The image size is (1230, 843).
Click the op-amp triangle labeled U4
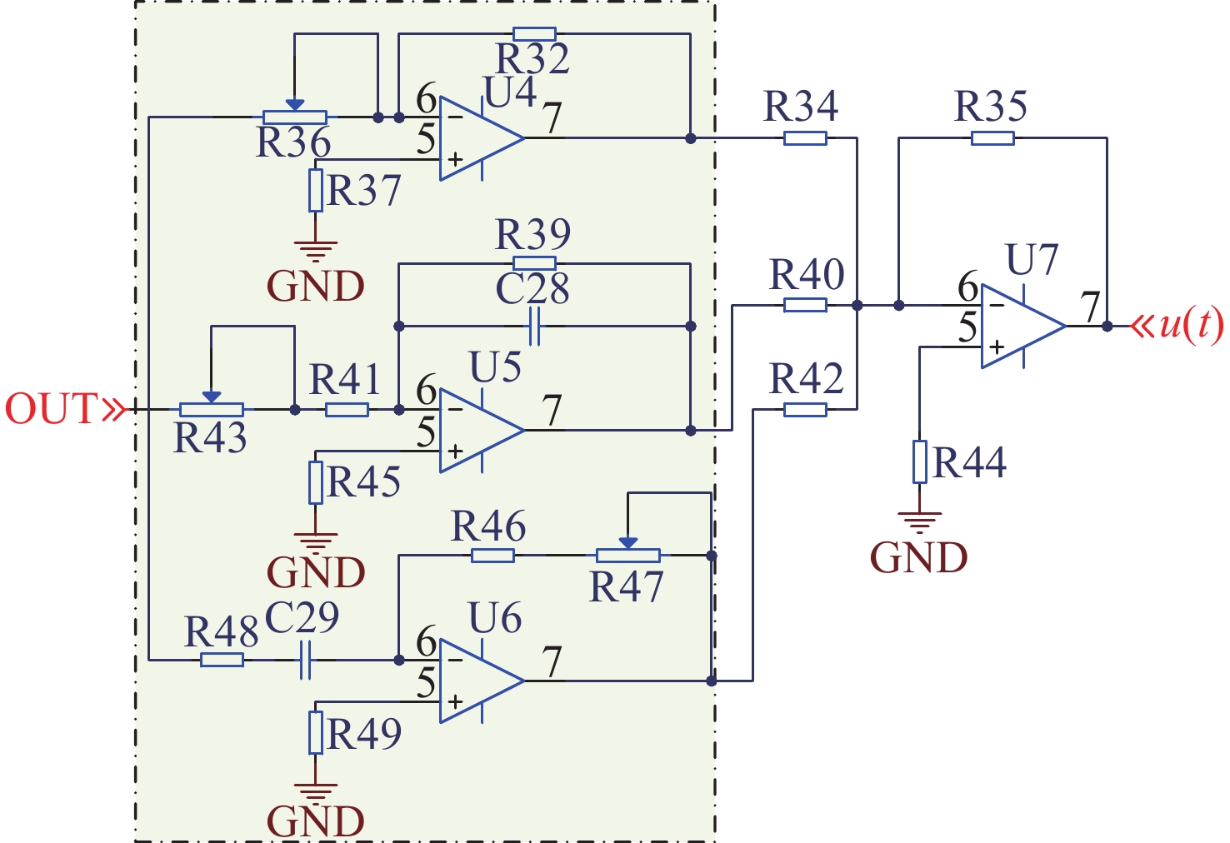click(x=477, y=138)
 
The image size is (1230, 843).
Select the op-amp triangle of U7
click(x=1018, y=326)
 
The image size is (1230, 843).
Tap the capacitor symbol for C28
click(x=534, y=326)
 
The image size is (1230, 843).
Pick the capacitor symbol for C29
click(x=305, y=660)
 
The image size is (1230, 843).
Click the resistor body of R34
click(x=805, y=138)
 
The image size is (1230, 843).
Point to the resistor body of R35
click(x=992, y=138)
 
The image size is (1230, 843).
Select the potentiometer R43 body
click(x=212, y=410)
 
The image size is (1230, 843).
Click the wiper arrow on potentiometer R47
click(x=628, y=542)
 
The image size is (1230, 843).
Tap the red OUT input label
click(x=52, y=409)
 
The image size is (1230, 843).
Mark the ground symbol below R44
click(x=919, y=523)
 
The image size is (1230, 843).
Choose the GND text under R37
click(x=316, y=287)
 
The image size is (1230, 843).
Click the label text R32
click(x=532, y=59)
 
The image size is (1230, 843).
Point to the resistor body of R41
click(x=347, y=410)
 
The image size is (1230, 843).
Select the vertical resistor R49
click(x=316, y=733)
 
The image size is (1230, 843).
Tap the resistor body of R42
click(x=805, y=410)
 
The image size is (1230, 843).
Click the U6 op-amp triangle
click(x=477, y=681)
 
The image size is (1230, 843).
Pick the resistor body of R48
click(x=222, y=660)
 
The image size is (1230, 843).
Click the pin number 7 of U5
click(x=552, y=410)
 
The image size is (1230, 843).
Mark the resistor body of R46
click(x=492, y=556)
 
